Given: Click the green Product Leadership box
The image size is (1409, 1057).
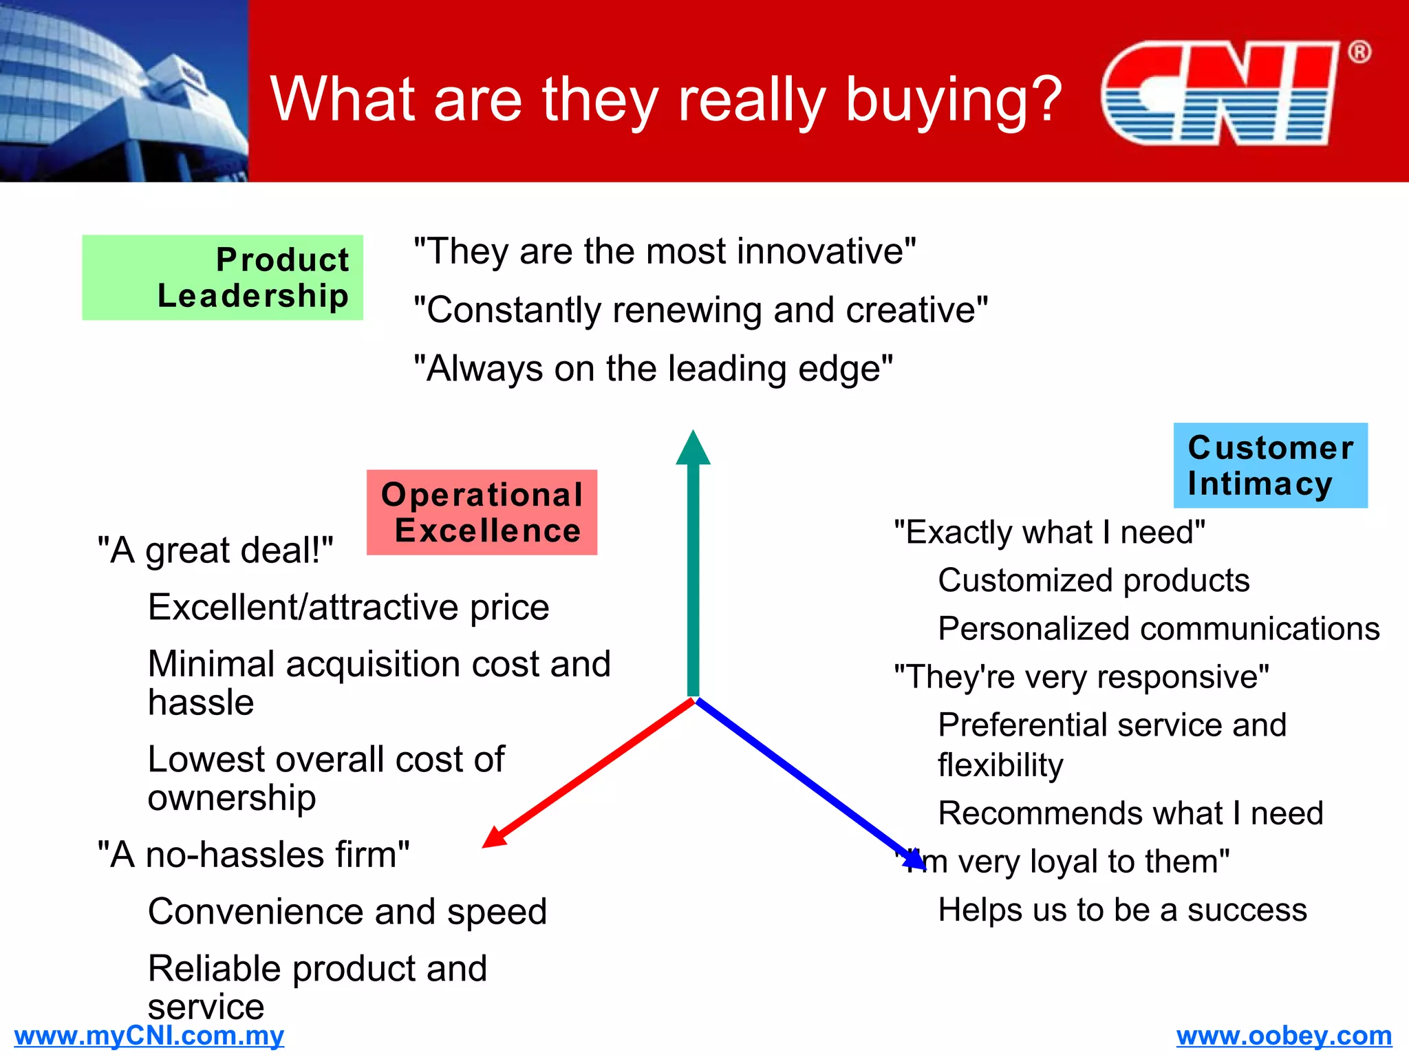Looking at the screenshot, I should click(222, 277).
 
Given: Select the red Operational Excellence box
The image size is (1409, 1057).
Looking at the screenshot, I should click(482, 512).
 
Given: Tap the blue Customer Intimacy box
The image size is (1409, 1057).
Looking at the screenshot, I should click(1270, 465).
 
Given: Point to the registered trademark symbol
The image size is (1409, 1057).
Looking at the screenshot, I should click(1359, 52).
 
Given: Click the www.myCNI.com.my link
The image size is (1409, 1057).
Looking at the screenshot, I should click(149, 1036).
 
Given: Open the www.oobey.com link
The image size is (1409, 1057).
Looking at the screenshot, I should click(1284, 1036).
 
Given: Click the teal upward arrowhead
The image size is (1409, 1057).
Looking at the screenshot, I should click(693, 449).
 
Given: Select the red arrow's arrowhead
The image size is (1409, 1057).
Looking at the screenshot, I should click(494, 837).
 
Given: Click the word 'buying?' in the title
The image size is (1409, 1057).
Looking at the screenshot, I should click(954, 100).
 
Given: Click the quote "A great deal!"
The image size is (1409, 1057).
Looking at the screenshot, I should click(215, 551).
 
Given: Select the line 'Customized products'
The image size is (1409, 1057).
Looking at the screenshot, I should click(1093, 580).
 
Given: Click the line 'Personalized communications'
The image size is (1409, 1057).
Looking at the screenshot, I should click(1159, 628).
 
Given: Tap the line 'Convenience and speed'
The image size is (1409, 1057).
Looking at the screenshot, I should click(347, 911).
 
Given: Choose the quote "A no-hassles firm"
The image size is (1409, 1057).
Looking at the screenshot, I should click(253, 855).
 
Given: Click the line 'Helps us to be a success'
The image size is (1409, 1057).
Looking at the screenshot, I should click(1122, 910).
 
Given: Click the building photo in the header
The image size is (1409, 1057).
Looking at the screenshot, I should click(124, 91).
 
